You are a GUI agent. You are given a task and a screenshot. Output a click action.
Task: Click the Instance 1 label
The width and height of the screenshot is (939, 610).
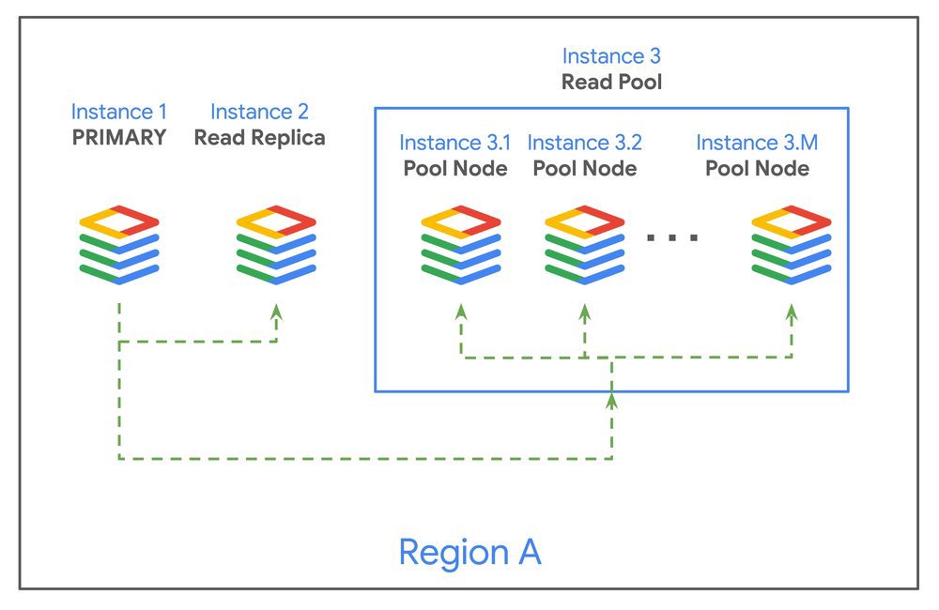pos(119,112)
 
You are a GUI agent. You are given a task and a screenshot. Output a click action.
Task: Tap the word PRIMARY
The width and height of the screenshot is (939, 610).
pos(119,137)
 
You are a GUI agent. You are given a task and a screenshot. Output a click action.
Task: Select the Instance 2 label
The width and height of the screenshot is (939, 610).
pos(259,112)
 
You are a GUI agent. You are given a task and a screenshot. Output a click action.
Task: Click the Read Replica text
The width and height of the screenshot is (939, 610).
pos(259,137)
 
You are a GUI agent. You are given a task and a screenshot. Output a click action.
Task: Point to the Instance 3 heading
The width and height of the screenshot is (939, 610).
pos(611,56)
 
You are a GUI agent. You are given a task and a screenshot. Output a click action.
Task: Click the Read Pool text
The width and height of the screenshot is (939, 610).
pos(611,82)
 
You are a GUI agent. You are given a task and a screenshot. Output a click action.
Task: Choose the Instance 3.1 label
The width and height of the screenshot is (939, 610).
pos(455,143)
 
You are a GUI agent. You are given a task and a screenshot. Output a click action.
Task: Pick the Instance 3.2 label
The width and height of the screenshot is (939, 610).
pos(585,143)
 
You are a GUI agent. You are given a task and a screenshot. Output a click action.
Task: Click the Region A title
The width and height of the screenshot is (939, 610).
pos(469,551)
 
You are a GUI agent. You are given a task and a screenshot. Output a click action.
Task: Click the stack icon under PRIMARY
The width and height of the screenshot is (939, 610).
pos(119,244)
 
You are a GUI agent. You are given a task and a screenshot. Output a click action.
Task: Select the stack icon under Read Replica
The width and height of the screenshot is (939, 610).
pos(276,244)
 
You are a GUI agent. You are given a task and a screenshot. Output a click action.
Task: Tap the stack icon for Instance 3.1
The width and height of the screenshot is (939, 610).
pos(461,244)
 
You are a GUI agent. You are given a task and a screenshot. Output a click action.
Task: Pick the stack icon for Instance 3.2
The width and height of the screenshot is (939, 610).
pos(585,244)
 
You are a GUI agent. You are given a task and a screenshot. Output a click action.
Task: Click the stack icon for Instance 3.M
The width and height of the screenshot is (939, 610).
pos(791,244)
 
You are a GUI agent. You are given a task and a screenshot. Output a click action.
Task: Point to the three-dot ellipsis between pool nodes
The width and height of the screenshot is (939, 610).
pos(672,237)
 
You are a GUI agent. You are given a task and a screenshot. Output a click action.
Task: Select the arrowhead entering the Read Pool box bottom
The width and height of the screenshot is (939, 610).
pos(611,401)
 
